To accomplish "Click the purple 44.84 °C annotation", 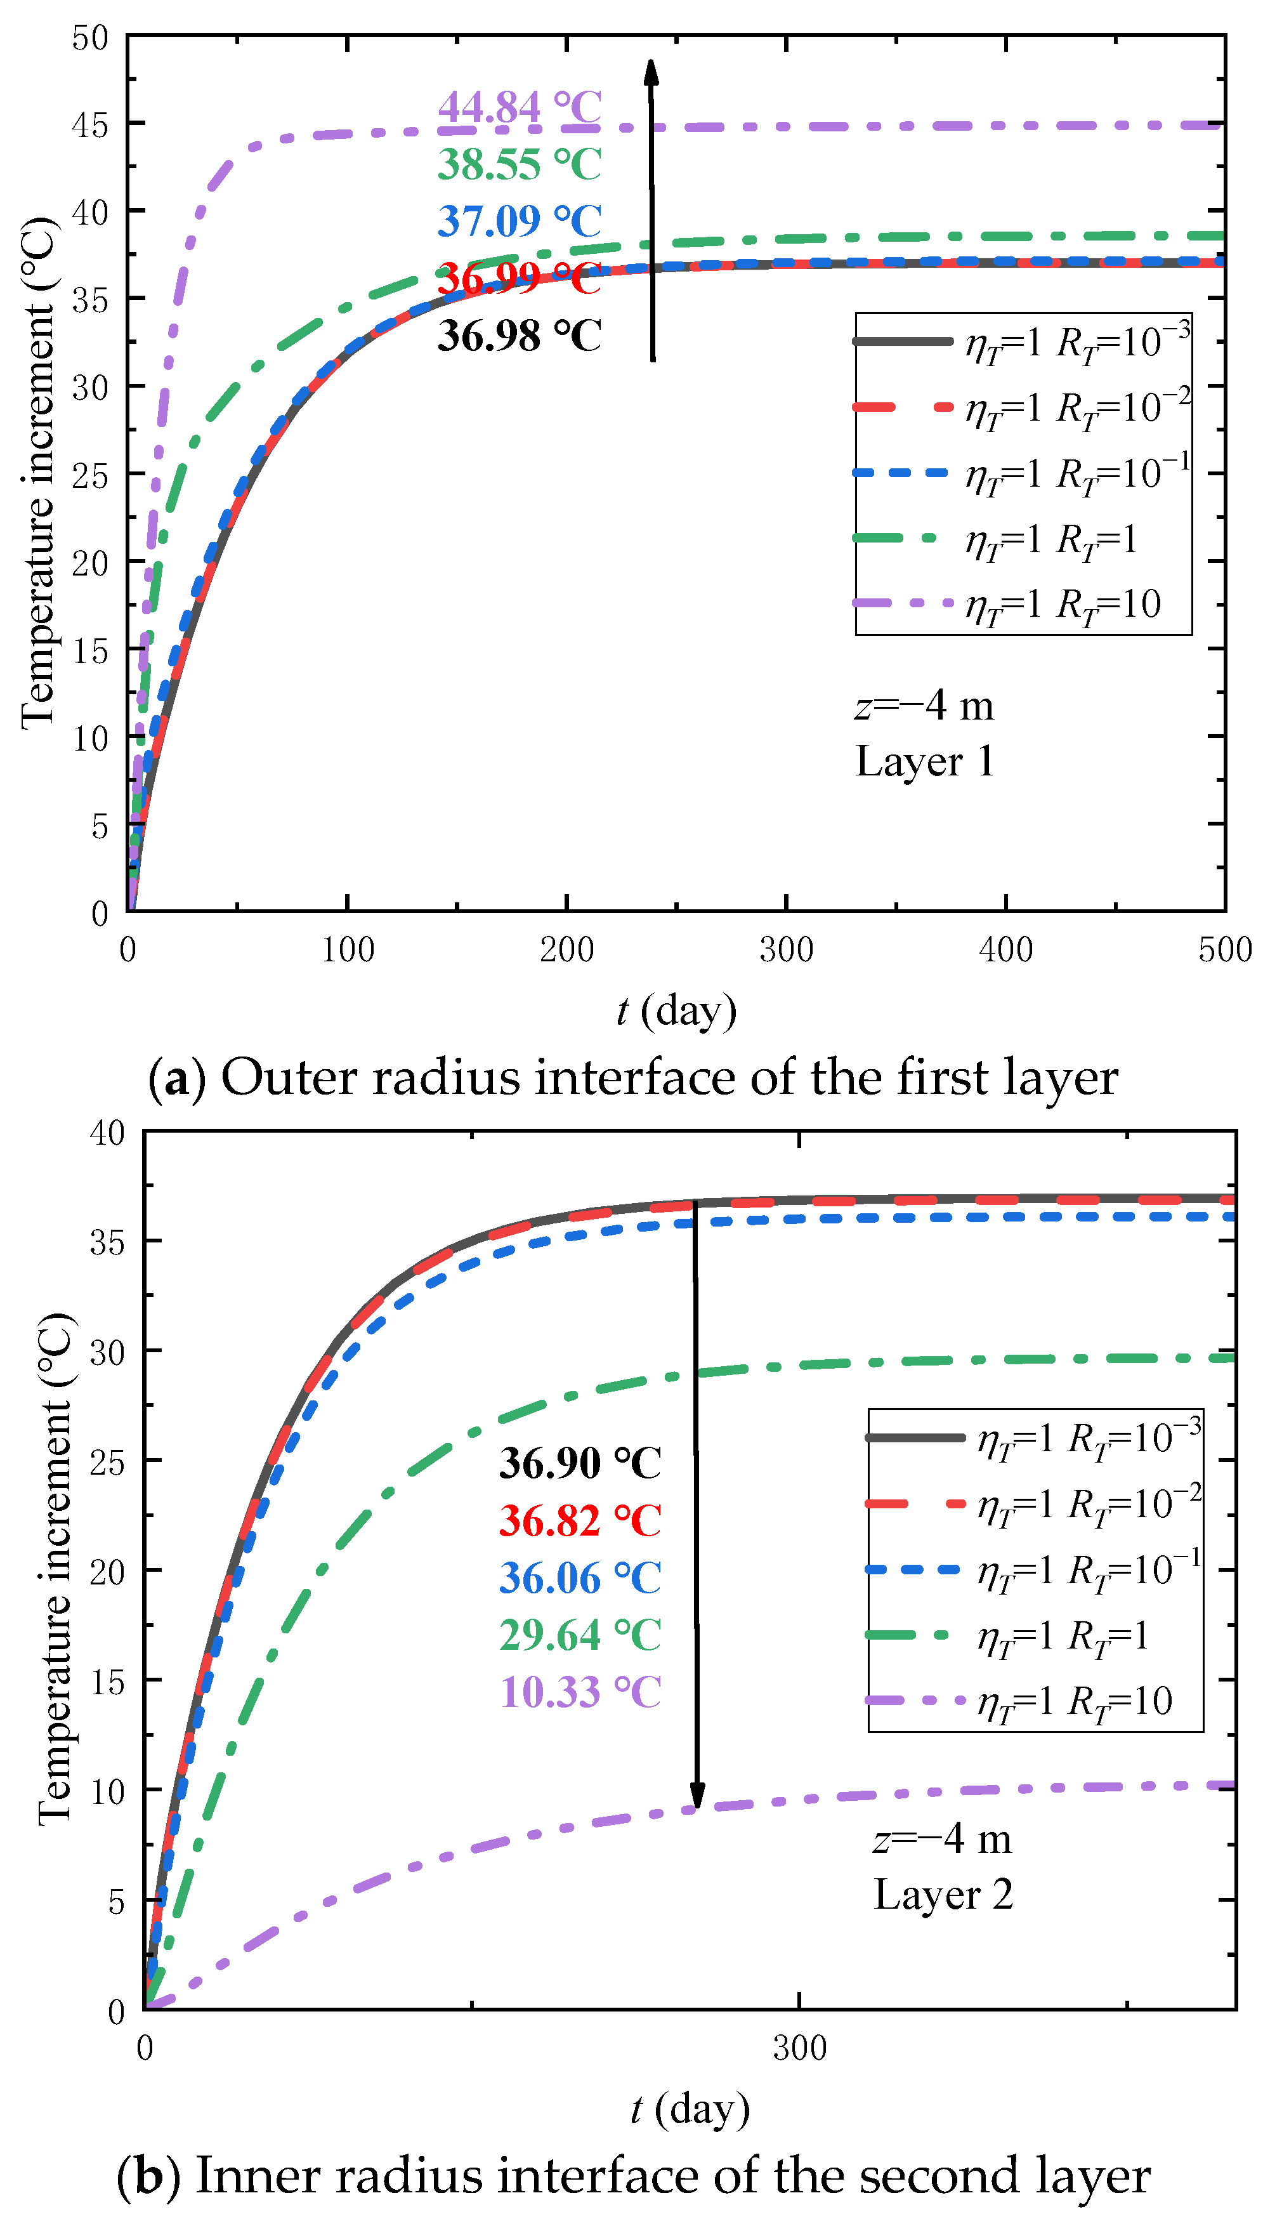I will (x=519, y=108).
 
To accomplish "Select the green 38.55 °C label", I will (x=519, y=164).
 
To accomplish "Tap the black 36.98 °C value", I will (x=519, y=336).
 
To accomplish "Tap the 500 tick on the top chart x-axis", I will (x=1224, y=950).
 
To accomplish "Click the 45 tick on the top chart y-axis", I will (x=90, y=126).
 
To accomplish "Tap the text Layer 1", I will (x=924, y=761).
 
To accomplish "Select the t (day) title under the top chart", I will (x=677, y=1011).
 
